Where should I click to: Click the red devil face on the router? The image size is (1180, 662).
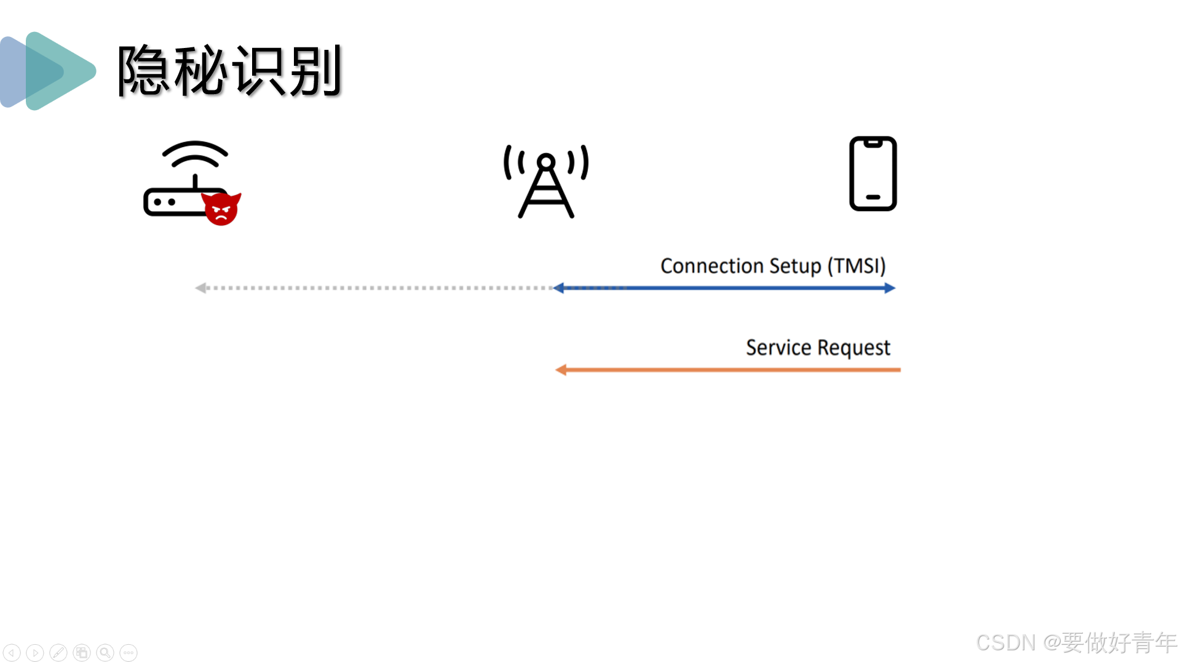point(221,209)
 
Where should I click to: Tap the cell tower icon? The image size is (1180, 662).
point(546,181)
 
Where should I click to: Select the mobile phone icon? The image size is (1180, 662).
point(873,173)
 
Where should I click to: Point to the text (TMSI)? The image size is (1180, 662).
point(857,266)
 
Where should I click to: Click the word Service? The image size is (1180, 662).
point(778,348)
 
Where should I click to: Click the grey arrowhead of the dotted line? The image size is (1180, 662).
point(200,288)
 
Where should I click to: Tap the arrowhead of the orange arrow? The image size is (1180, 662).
point(561,370)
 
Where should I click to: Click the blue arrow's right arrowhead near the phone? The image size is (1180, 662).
point(890,288)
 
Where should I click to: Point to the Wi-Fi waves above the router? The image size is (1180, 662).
point(195,154)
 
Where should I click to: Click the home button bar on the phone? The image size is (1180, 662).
point(873,197)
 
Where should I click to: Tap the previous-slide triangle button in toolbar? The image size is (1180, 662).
point(12,652)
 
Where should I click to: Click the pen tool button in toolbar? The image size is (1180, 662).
point(58,652)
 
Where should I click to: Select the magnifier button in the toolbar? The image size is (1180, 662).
point(105,652)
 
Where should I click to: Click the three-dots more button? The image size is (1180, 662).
point(129,652)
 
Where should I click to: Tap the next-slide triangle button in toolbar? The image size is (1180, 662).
point(35,652)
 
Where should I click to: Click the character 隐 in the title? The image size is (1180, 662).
point(144,71)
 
